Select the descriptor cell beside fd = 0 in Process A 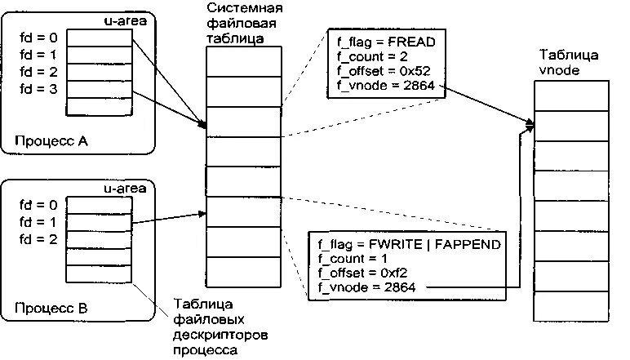(98, 37)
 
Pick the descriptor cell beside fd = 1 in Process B (98, 221)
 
